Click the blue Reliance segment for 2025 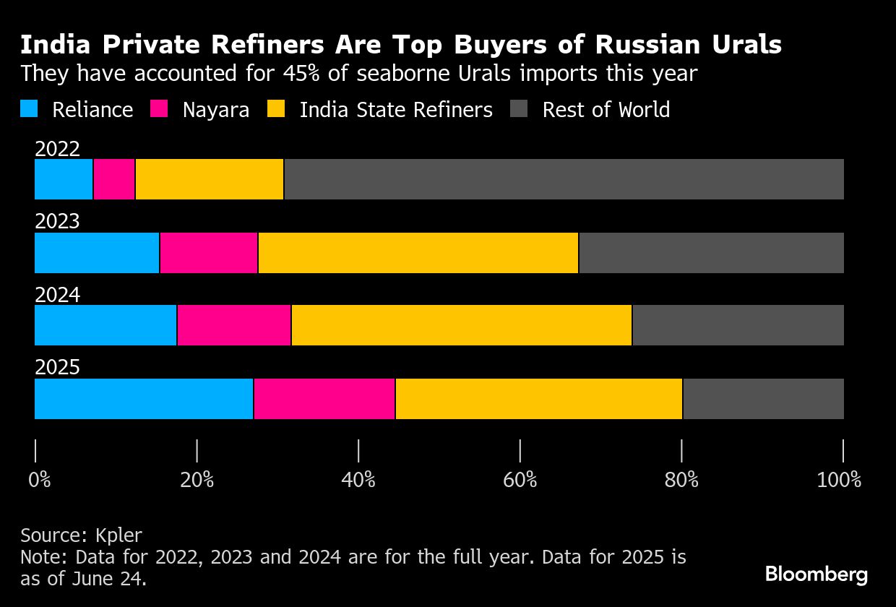click(x=144, y=399)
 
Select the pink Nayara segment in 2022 click(x=114, y=179)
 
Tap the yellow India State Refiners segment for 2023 click(x=418, y=253)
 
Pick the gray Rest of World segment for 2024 click(x=738, y=325)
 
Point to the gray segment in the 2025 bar click(x=763, y=399)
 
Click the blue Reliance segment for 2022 click(x=64, y=179)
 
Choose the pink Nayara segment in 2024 click(x=234, y=325)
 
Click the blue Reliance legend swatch click(x=29, y=109)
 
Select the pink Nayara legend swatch click(x=159, y=109)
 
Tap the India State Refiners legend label click(x=396, y=110)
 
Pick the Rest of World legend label click(x=606, y=110)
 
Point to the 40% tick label click(x=358, y=480)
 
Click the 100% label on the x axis click(x=839, y=480)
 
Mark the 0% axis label click(x=40, y=480)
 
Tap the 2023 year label click(x=57, y=220)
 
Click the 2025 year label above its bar click(x=57, y=367)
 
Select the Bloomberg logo click(x=817, y=574)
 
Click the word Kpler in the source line click(x=119, y=535)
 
